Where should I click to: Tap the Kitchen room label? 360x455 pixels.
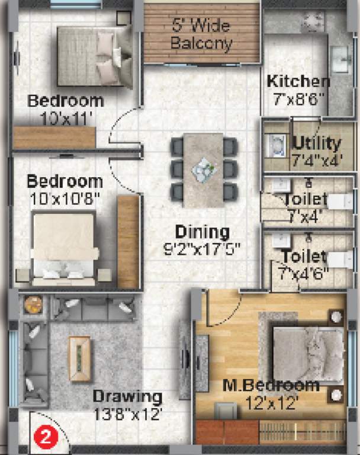298,81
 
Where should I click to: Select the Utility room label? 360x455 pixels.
317,143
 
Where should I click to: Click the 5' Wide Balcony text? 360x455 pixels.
201,34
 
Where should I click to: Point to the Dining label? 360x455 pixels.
202,231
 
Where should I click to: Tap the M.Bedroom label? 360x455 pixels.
271,386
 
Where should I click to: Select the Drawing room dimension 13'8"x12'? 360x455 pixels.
127,414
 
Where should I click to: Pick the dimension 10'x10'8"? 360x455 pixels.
63,198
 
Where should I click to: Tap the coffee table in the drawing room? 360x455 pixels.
79,358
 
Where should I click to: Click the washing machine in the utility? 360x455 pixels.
275,145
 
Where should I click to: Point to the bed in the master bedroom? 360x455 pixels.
307,354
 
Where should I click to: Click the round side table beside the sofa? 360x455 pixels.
33,304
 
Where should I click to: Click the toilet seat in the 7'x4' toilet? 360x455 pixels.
340,201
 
